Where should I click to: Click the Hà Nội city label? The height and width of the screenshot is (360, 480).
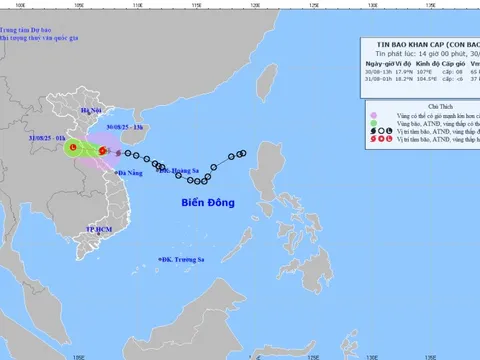(x=91, y=111)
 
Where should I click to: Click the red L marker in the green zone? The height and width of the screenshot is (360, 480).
(x=73, y=150)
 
